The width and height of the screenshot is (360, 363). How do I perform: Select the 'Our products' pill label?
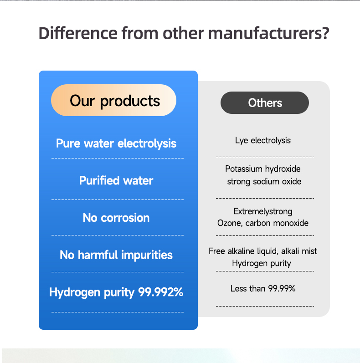114,101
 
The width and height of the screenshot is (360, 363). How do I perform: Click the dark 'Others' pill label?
265,103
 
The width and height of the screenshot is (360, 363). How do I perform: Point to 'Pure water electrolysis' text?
116,143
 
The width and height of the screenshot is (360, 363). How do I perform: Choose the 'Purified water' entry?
116,181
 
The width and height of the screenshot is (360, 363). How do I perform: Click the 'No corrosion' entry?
116,218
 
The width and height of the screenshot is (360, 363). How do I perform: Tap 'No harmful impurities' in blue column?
116,255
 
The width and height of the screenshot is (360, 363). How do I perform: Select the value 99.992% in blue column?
161,292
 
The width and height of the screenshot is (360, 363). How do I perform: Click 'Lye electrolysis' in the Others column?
263,140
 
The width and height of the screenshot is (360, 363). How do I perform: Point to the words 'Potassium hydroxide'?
263,169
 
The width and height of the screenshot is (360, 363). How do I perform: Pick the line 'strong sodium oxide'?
264,182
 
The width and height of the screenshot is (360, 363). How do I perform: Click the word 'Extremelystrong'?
263,211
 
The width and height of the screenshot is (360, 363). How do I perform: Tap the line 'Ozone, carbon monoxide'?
263,223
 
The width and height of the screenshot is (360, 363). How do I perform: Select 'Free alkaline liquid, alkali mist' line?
263,251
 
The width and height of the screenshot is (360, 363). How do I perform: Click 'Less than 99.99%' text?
263,288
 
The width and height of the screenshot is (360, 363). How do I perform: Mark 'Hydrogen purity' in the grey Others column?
262,263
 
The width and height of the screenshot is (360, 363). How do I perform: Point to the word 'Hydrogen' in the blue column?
71,292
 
